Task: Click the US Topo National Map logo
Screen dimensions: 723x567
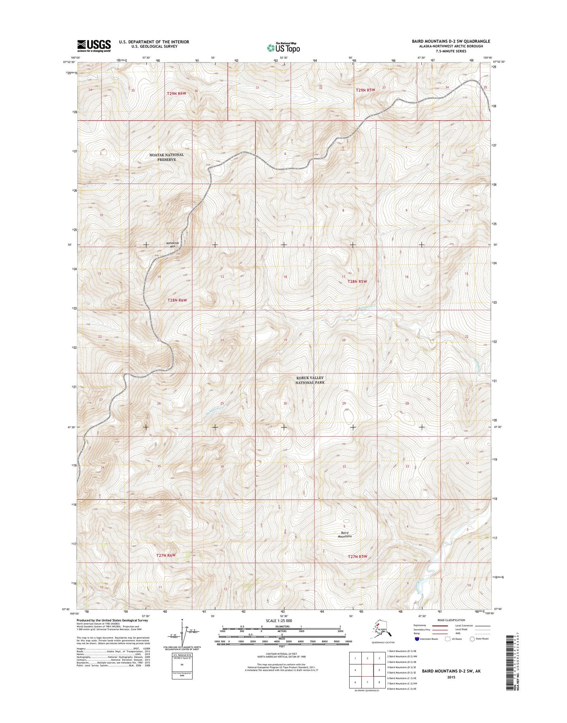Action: point(283,47)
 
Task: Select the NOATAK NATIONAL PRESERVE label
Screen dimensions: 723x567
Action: point(166,157)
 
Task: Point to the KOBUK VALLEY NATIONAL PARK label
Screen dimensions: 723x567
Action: point(310,380)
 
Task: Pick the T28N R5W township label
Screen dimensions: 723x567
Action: point(357,281)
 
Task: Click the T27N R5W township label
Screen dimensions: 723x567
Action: point(357,556)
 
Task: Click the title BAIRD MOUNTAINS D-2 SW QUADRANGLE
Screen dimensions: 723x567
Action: point(451,41)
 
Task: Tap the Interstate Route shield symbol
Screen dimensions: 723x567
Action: point(417,639)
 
